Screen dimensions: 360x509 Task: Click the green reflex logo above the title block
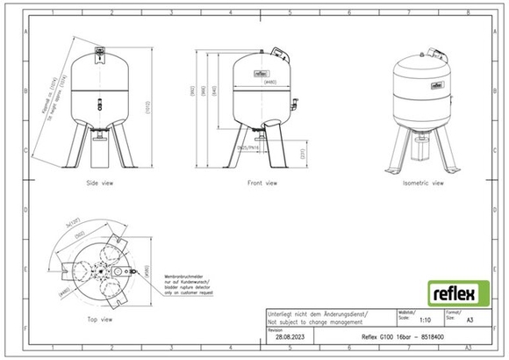tap(451, 291)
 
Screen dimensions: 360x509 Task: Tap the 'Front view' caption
tap(261, 184)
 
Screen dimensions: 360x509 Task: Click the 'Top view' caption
tap(99, 319)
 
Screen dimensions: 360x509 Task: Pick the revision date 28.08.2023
tap(288, 335)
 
